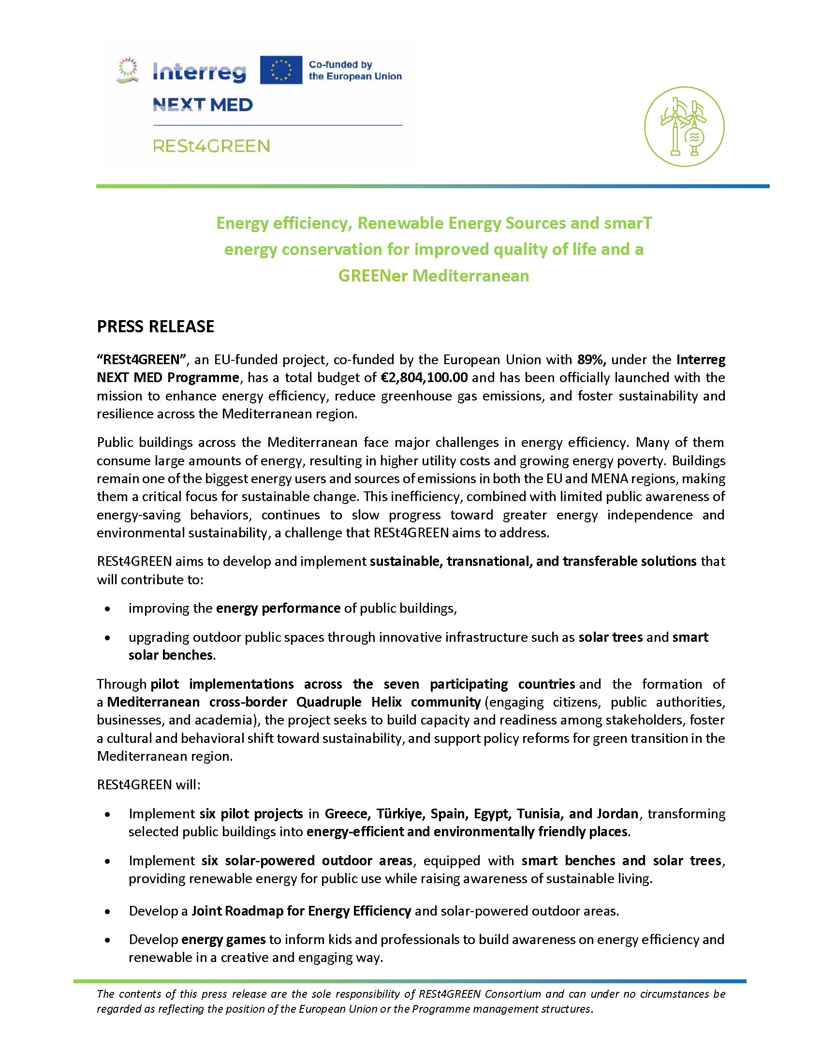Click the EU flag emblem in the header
280,70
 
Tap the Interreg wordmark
199,72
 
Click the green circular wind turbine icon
684,127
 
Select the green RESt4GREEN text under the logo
211,146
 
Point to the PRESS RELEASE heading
155,326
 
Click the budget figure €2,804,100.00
424,378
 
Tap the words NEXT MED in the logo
203,105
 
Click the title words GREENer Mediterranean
433,276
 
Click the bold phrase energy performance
278,608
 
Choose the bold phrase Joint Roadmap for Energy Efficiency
301,911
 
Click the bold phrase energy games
223,939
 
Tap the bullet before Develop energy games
108,940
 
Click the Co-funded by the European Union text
355,70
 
